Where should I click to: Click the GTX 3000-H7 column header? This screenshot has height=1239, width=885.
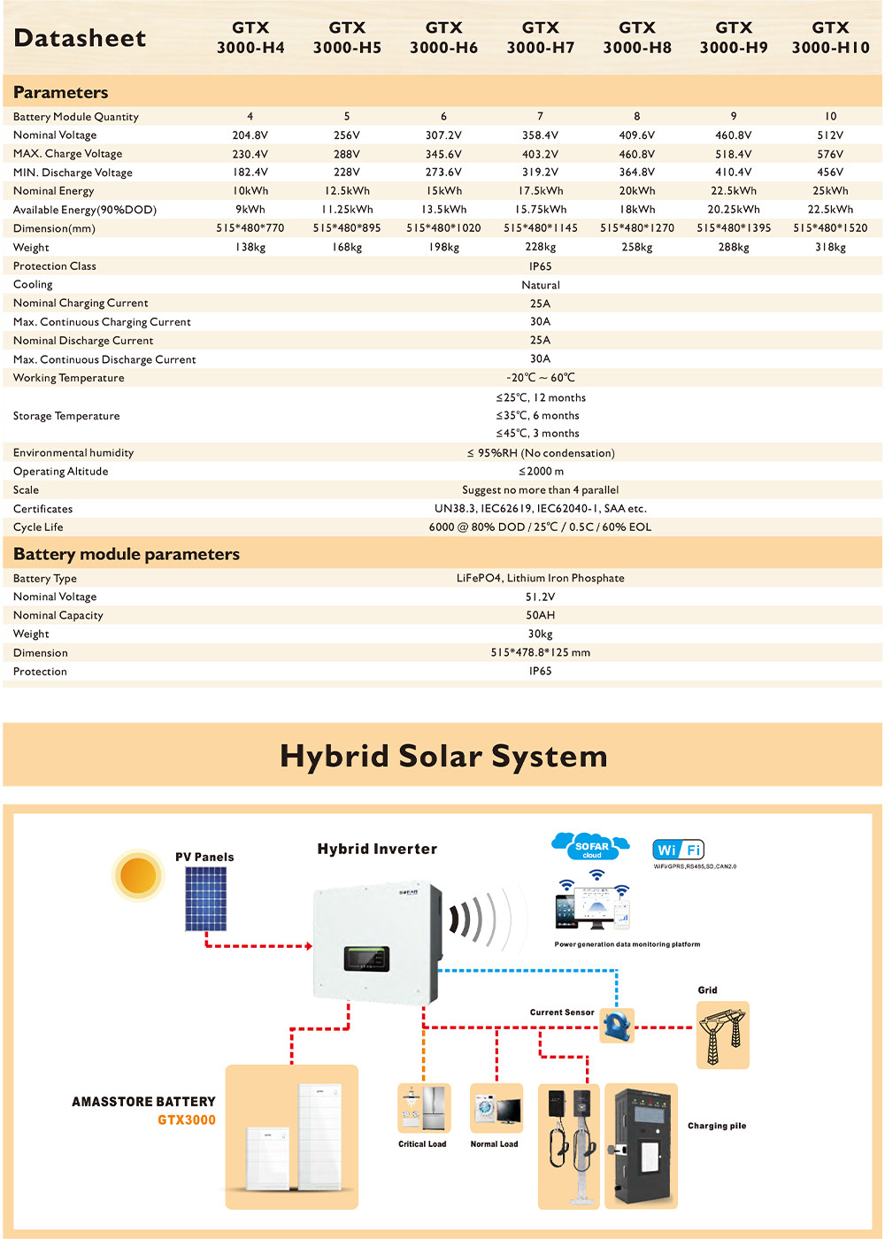[540, 38]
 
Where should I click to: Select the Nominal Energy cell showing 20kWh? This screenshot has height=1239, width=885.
[637, 191]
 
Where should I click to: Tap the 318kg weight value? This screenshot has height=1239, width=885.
[830, 248]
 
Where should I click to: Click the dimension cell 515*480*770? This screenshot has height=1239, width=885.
[250, 228]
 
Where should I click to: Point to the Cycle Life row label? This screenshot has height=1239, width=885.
[38, 527]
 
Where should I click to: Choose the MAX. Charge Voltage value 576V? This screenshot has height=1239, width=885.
[830, 154]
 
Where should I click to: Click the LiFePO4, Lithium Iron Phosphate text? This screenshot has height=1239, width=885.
[540, 579]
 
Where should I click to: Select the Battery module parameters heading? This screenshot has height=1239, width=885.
[127, 555]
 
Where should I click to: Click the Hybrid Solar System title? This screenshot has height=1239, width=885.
[443, 757]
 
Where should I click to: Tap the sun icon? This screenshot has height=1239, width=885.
[138, 875]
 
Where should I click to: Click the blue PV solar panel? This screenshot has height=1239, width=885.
[205, 899]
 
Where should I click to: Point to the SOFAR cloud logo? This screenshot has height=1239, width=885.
[591, 847]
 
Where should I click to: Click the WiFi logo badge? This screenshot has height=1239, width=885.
[678, 850]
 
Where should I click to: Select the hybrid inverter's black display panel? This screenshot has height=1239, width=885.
[366, 958]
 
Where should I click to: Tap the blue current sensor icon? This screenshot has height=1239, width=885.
[617, 1026]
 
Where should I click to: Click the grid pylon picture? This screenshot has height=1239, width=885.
[722, 1035]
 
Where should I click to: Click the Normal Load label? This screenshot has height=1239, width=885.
[494, 1144]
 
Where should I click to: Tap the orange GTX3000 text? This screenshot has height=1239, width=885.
[187, 1120]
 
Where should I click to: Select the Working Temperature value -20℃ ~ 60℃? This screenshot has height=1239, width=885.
[540, 378]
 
